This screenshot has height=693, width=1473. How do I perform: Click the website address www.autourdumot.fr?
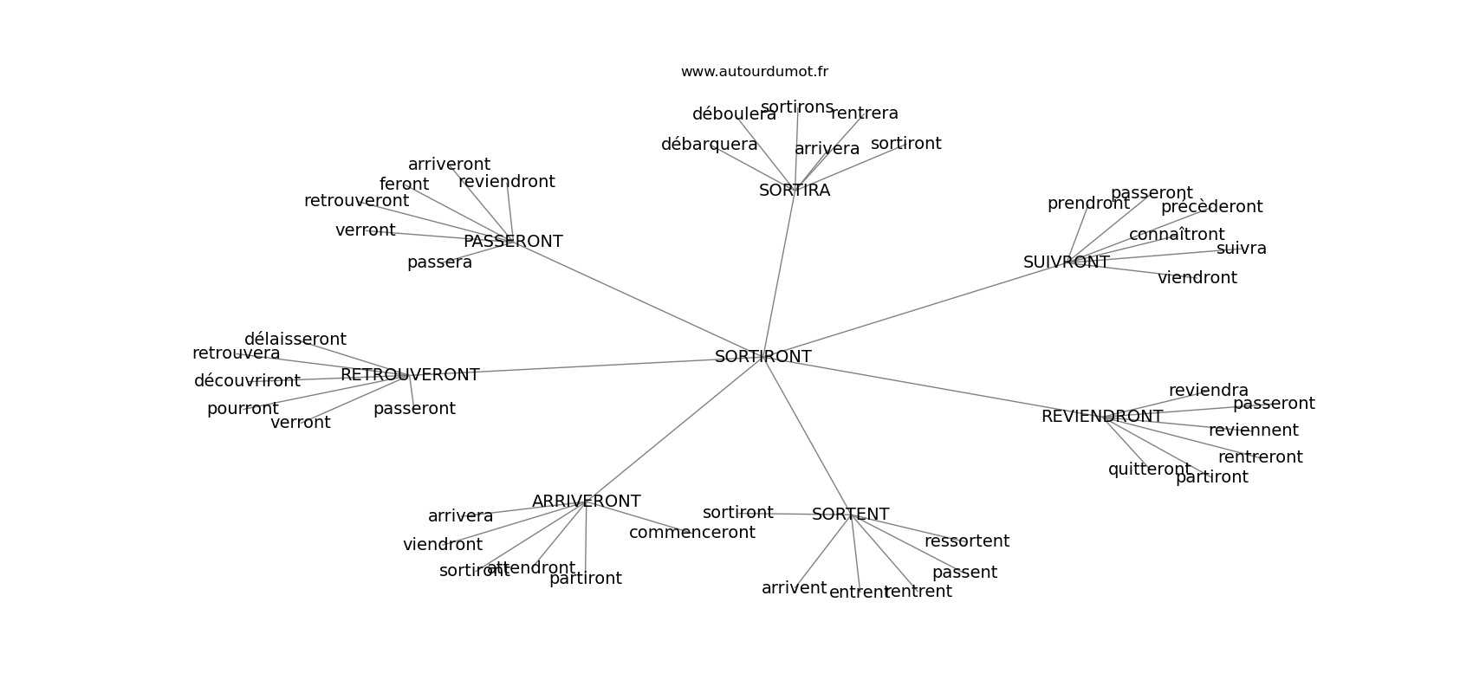tap(754, 72)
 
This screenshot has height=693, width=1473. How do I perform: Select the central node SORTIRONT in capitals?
tap(762, 357)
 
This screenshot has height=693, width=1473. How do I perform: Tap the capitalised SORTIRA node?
tap(795, 191)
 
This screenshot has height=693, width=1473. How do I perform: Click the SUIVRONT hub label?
tap(1066, 262)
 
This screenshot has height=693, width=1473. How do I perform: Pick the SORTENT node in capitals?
tap(850, 515)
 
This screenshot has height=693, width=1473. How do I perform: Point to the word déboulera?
tap(734, 114)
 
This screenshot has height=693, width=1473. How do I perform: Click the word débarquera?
tap(709, 145)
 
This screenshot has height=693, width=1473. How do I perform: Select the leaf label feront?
tap(404, 185)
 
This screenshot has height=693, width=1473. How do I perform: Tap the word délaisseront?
tap(295, 340)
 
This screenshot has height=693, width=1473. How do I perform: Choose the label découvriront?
tap(247, 381)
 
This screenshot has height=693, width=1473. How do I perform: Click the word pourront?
tap(243, 409)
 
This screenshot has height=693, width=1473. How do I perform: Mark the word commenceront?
tap(691, 533)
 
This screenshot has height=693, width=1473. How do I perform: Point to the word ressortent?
tap(966, 541)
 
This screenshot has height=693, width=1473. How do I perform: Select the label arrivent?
tap(794, 588)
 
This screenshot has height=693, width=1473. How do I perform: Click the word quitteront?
tap(1149, 470)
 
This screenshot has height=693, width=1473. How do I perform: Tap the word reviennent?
tap(1253, 431)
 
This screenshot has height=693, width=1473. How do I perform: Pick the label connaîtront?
tap(1176, 235)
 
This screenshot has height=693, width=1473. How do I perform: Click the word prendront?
tap(1088, 204)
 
